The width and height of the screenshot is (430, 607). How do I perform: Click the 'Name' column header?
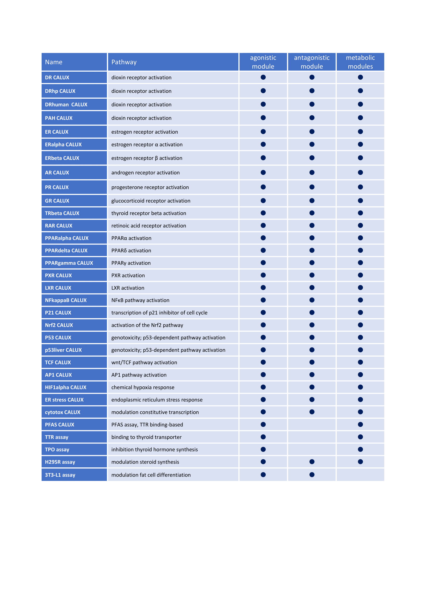[54, 62]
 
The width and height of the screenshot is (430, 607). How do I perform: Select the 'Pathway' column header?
[124, 62]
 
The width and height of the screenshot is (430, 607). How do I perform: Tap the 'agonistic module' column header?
[263, 62]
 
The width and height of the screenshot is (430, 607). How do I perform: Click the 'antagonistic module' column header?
[312, 62]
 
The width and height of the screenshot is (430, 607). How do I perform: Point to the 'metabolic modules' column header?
[360, 62]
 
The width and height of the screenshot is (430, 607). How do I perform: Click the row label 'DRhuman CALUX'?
[66, 105]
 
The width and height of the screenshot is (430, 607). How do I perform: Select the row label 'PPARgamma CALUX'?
[69, 263]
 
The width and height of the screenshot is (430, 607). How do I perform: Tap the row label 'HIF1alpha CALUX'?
[66, 387]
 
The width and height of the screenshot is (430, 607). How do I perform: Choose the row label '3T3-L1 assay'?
[60, 475]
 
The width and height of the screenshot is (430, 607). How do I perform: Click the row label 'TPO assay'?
[57, 449]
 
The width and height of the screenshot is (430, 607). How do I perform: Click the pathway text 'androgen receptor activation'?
[145, 173]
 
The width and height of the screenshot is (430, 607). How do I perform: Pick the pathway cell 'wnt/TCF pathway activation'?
[144, 363]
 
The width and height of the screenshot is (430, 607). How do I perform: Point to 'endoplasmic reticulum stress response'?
[157, 400]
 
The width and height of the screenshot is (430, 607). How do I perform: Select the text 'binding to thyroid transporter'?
[146, 437]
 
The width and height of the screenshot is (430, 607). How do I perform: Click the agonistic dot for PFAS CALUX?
[263, 424]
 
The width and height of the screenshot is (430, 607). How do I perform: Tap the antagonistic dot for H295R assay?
[312, 462]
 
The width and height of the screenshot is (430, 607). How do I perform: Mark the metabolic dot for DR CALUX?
[360, 77]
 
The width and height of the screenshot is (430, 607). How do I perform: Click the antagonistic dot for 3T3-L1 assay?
[312, 475]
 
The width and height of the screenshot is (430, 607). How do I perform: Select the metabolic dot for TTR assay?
[360, 437]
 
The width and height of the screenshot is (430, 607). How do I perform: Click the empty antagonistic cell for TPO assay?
[312, 449]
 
